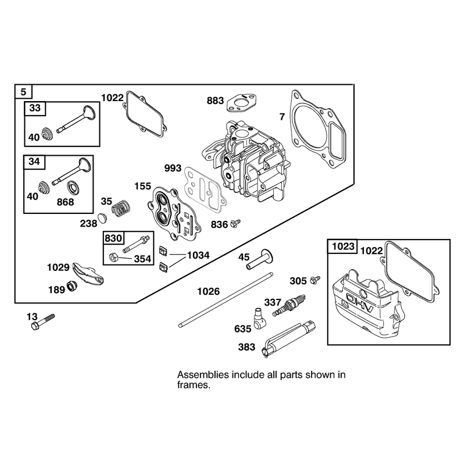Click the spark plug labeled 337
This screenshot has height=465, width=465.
[x=289, y=306]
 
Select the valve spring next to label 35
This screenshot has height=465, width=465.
[x=121, y=208]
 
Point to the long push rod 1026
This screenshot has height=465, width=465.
[x=226, y=299]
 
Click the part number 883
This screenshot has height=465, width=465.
[x=215, y=101]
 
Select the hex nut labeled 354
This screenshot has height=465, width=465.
[x=113, y=257]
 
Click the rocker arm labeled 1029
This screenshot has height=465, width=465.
[x=88, y=273]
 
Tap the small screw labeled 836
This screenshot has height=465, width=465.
[x=235, y=223]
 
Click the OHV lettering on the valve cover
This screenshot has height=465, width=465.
[x=360, y=303]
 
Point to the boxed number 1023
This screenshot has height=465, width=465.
[x=343, y=246]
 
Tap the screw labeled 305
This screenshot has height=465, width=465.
[x=315, y=280]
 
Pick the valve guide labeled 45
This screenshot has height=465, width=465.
[x=259, y=259]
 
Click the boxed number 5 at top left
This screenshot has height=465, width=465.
[x=23, y=92]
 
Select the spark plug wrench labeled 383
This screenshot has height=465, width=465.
[x=289, y=339]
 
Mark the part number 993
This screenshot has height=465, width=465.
[x=173, y=169]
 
